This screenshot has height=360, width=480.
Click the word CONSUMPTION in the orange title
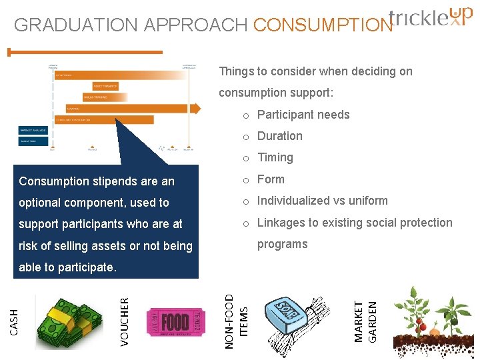(x=323, y=25)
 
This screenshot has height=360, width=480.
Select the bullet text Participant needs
(x=303, y=115)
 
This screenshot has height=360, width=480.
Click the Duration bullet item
(x=280, y=136)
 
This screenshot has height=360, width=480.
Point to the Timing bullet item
(x=275, y=157)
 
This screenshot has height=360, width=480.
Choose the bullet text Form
(x=271, y=179)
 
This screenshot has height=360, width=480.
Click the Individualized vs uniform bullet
(x=323, y=201)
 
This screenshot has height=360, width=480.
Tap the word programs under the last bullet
(x=283, y=244)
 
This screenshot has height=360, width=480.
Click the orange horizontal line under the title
(x=85, y=52)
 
